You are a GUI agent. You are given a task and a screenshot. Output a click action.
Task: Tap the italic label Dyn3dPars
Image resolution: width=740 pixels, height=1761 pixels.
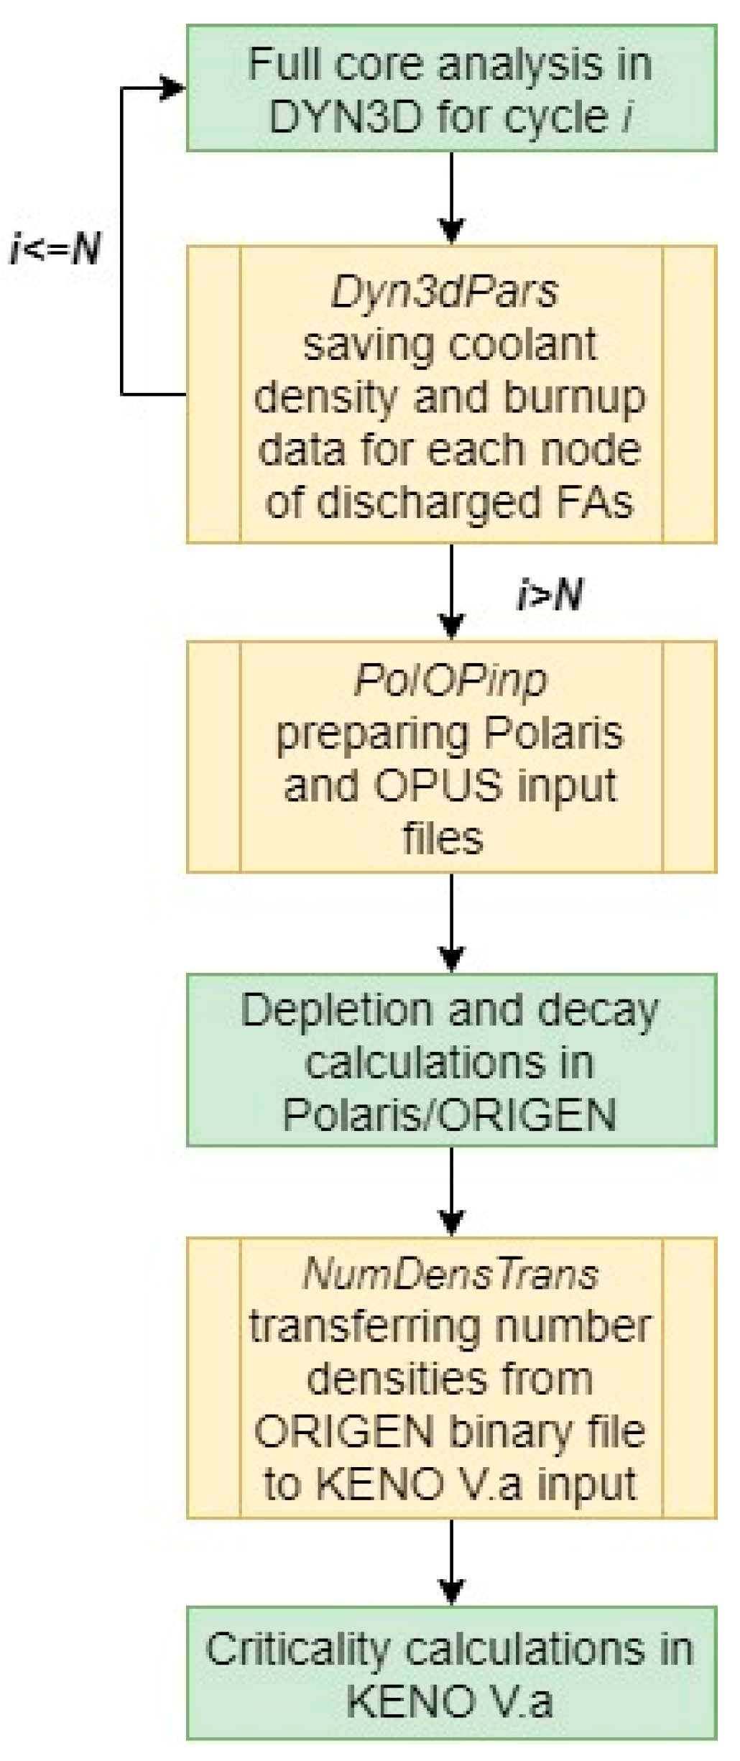coord(444,292)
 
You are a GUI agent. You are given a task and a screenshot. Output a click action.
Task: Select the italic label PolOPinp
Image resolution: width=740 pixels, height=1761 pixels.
coord(450,680)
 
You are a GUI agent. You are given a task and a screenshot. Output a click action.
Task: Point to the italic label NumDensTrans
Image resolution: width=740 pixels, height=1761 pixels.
coord(450,1274)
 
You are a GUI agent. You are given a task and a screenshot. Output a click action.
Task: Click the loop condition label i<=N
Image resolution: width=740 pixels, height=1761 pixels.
coord(56,249)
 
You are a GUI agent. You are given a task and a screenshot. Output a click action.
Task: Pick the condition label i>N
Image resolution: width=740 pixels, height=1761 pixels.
coord(550,595)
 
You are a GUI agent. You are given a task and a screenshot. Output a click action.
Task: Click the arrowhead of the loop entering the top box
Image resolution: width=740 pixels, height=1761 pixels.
coord(172,88)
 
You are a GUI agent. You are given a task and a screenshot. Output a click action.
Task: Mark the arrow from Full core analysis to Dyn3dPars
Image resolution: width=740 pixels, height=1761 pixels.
coord(451,198)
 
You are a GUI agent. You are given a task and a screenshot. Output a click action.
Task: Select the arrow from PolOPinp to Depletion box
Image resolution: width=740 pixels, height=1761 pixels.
coord(451,923)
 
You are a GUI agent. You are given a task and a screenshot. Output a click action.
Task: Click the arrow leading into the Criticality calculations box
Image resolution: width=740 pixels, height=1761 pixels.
coord(451,1562)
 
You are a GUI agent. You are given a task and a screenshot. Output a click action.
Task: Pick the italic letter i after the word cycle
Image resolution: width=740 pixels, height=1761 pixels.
coord(627,116)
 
